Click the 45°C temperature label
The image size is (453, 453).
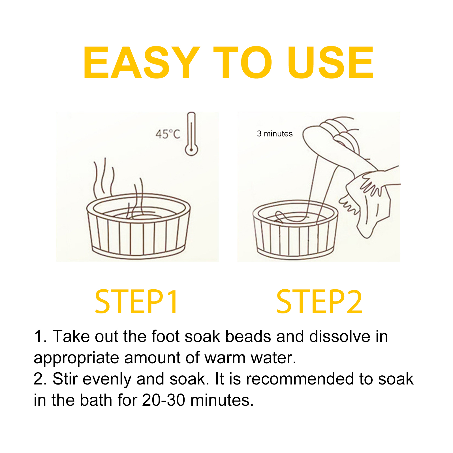[168, 134]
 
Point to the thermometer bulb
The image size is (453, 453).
[191, 149]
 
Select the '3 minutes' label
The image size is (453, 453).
[275, 134]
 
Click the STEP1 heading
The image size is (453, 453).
[137, 302]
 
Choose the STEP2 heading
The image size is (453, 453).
[319, 302]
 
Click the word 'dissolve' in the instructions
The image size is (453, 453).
[340, 336]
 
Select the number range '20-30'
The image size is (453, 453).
[164, 400]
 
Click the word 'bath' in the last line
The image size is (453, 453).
[96, 400]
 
